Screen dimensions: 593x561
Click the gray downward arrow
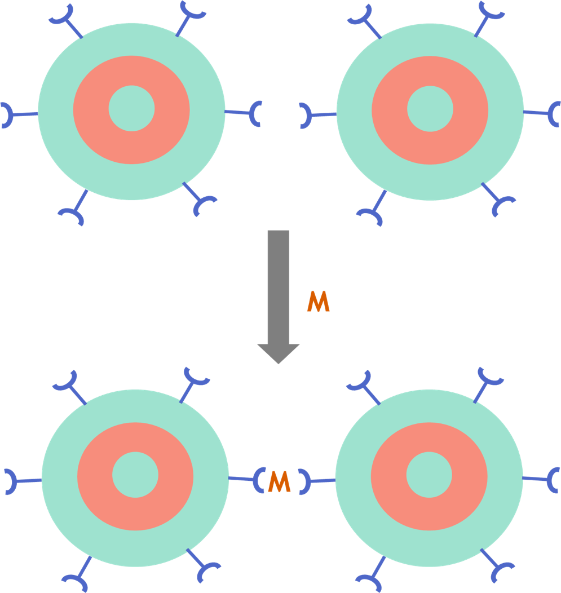[278, 293]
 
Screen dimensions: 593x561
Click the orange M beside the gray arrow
[318, 302]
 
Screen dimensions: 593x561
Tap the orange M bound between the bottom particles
[279, 481]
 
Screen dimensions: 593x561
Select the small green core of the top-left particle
[131, 108]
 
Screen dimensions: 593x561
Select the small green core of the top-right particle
[430, 108]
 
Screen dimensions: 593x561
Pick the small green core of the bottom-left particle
[135, 475]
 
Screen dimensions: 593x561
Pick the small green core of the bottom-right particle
[429, 475]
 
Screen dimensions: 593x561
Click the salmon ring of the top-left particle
[90, 110]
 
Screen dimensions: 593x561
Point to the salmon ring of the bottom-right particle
[389, 476]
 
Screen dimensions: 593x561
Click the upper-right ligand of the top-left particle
[189, 17]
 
